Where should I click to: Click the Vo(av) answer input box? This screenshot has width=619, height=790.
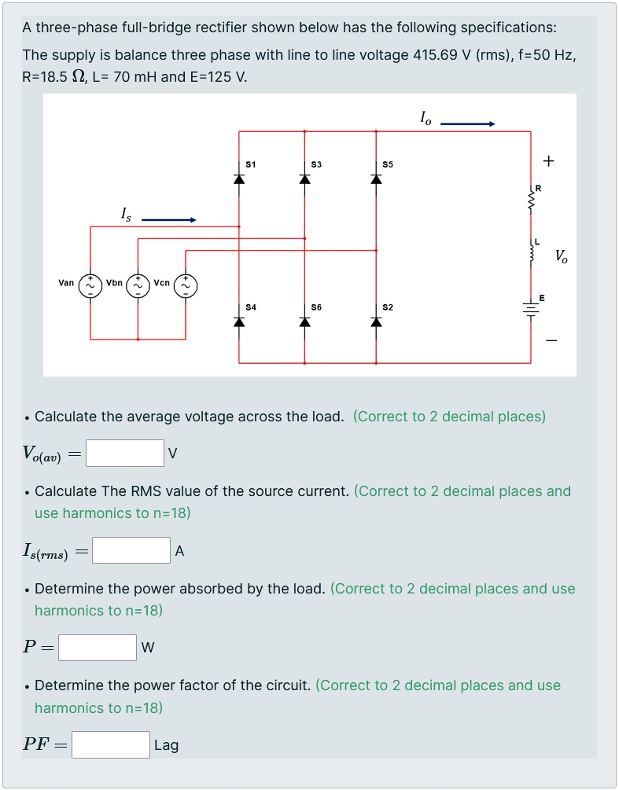click(x=125, y=453)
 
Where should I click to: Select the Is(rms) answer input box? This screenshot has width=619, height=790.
click(x=131, y=550)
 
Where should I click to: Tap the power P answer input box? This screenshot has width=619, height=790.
click(x=98, y=648)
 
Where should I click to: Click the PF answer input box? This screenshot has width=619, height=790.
click(x=111, y=744)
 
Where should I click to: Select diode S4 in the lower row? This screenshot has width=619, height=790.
click(x=239, y=321)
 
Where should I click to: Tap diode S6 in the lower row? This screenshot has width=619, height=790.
click(x=304, y=321)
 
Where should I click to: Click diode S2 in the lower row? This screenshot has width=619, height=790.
click(x=376, y=321)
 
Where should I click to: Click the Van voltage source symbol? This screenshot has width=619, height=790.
click(x=90, y=283)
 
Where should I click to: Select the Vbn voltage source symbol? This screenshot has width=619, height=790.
click(x=138, y=283)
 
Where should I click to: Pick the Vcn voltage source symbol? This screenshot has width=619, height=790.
click(x=186, y=283)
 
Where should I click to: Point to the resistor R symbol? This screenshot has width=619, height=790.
click(x=531, y=200)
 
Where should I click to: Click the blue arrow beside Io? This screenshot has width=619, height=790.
click(x=467, y=123)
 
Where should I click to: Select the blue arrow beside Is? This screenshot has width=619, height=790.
click(x=168, y=220)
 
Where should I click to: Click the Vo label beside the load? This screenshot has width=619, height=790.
click(x=561, y=255)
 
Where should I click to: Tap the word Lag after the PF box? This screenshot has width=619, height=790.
click(x=166, y=745)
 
